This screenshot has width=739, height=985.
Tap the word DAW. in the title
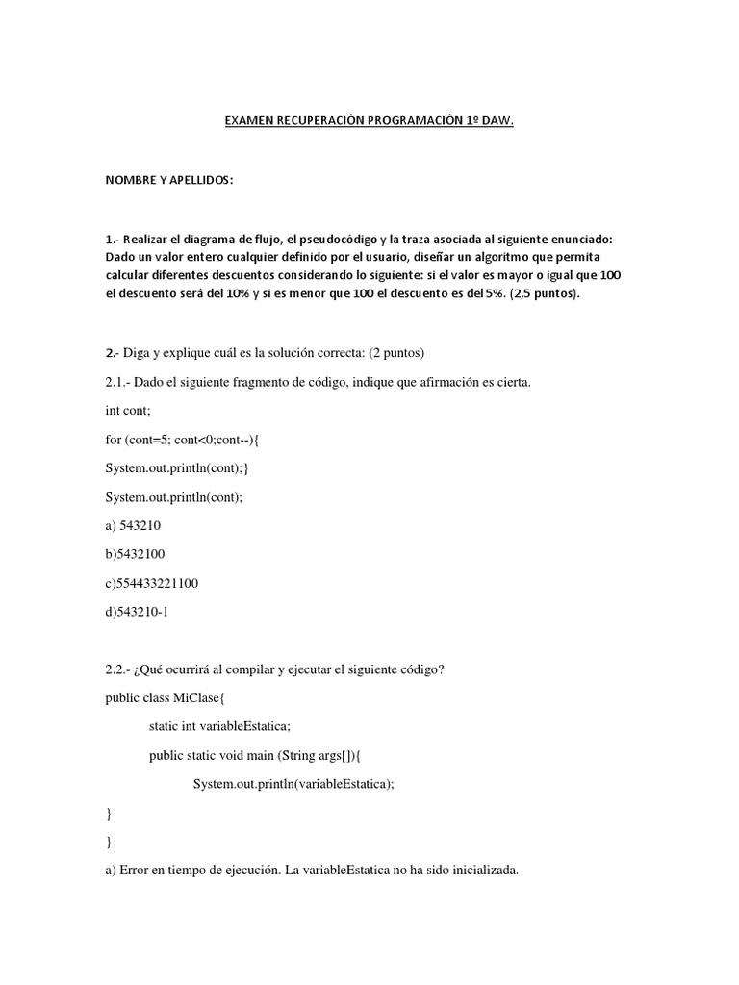[x=497, y=122]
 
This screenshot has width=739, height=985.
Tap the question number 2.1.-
[x=121, y=382]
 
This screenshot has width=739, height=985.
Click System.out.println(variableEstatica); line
[x=293, y=784]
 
